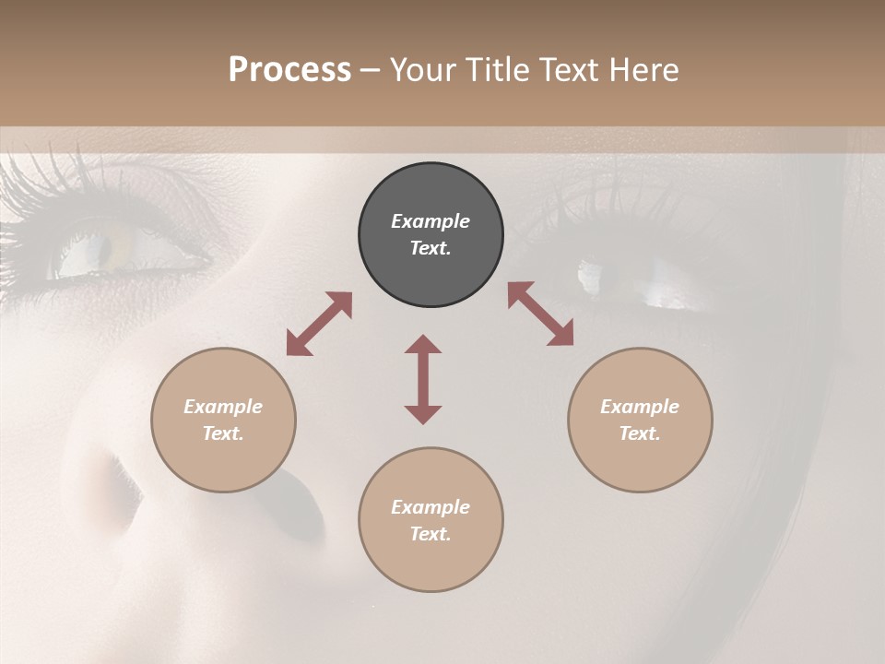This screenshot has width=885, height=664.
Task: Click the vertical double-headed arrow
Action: coord(423,379)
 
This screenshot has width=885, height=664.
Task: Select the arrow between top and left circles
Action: coord(319,324)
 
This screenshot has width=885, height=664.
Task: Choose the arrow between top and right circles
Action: coord(541,314)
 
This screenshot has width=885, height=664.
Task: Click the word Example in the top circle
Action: coord(431,221)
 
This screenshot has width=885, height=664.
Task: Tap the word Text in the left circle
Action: coord(223,433)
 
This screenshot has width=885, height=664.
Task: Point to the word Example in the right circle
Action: coord(640,407)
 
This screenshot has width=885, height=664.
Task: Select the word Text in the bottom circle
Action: coord(431,534)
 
